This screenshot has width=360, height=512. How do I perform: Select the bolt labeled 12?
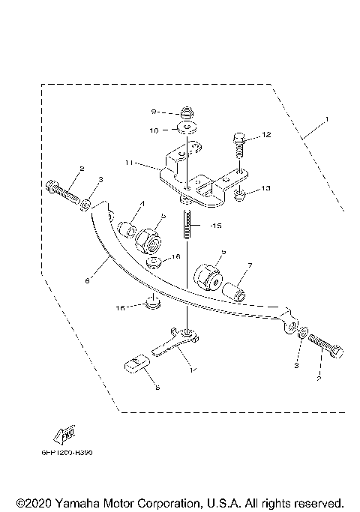[238, 145]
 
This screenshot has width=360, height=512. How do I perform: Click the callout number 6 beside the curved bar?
[88, 281]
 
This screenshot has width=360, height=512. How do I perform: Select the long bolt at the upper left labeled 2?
[65, 193]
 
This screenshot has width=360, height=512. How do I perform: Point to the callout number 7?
[249, 265]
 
